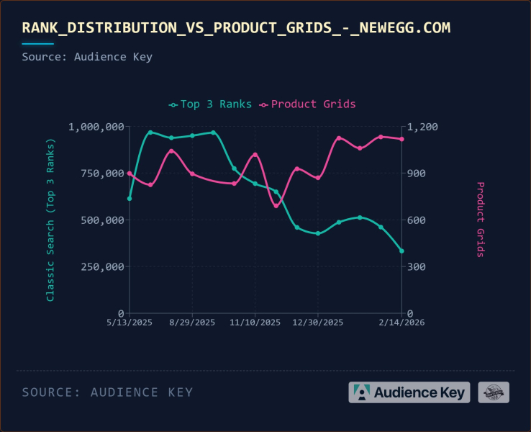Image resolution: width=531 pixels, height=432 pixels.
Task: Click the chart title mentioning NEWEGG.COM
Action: click(x=236, y=28)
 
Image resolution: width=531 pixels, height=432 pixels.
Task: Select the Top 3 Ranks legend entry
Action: click(x=210, y=104)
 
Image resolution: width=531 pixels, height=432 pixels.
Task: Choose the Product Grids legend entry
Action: click(x=308, y=104)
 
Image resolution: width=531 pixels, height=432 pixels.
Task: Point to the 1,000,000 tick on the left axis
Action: click(x=96, y=127)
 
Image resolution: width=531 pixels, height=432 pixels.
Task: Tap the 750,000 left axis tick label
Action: click(x=101, y=174)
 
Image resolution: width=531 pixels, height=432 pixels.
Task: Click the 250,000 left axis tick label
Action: click(x=101, y=267)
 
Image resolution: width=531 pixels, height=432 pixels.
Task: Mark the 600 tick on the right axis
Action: click(x=418, y=220)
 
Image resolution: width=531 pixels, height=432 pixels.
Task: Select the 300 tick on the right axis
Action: click(x=418, y=267)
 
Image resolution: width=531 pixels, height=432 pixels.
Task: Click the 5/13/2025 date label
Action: click(x=130, y=323)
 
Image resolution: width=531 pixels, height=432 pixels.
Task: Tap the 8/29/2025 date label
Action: click(x=192, y=323)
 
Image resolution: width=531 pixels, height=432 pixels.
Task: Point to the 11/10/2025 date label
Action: click(x=255, y=323)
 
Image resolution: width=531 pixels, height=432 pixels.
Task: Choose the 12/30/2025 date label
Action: click(x=318, y=323)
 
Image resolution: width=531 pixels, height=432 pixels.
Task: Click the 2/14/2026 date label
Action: click(x=401, y=323)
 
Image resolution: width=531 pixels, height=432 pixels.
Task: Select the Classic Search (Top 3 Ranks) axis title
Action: click(x=50, y=220)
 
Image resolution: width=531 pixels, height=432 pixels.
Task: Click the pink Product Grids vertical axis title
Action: click(x=481, y=220)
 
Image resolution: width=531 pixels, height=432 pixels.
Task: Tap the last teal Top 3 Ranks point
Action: click(x=401, y=251)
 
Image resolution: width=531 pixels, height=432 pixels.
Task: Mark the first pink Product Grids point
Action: click(x=130, y=174)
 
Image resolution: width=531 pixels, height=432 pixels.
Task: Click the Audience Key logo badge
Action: click(x=409, y=392)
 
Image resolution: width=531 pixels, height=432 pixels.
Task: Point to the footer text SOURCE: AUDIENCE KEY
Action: click(x=107, y=392)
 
